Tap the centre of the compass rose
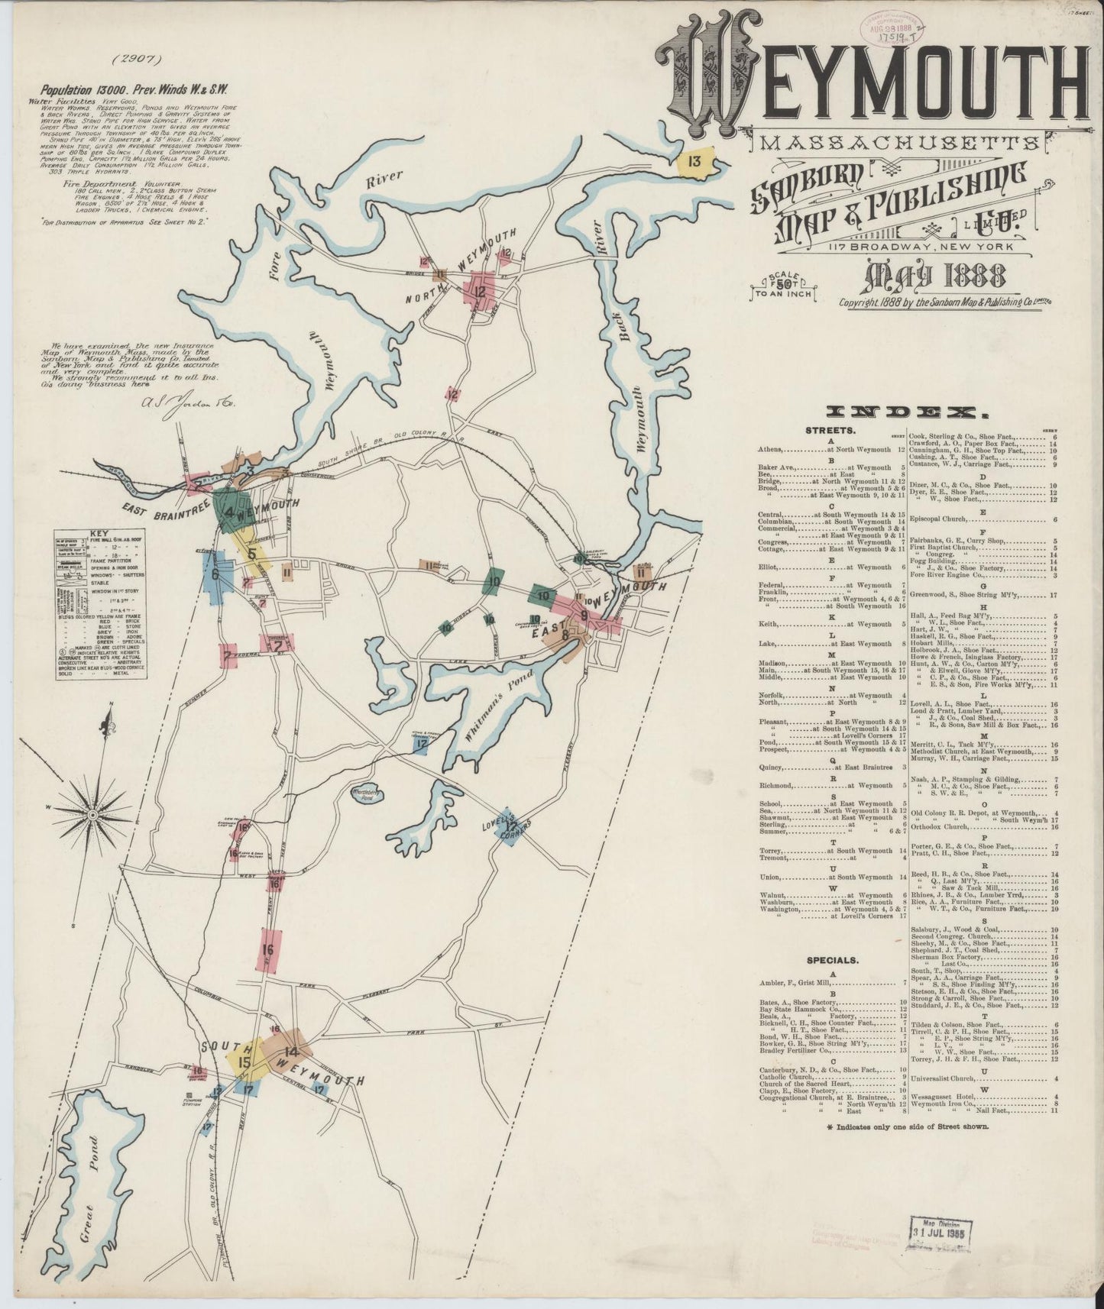coord(90,816)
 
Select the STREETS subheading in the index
coord(826,431)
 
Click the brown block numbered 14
coord(289,1052)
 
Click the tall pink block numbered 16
coord(268,949)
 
